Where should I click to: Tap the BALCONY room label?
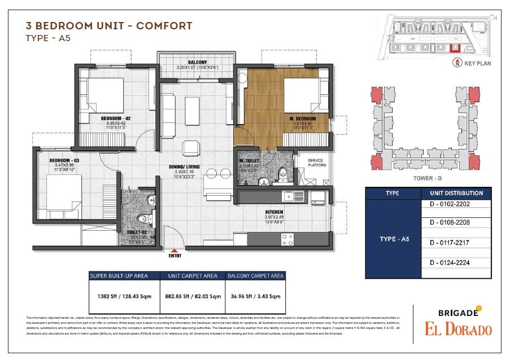(x=198, y=62)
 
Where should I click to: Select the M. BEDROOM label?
(x=302, y=118)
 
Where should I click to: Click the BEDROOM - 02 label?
(x=116, y=118)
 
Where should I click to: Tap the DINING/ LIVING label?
(x=185, y=167)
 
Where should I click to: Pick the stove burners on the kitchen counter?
(x=287, y=240)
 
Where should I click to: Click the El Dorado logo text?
(x=458, y=330)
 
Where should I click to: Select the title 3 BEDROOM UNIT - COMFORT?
(x=109, y=26)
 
